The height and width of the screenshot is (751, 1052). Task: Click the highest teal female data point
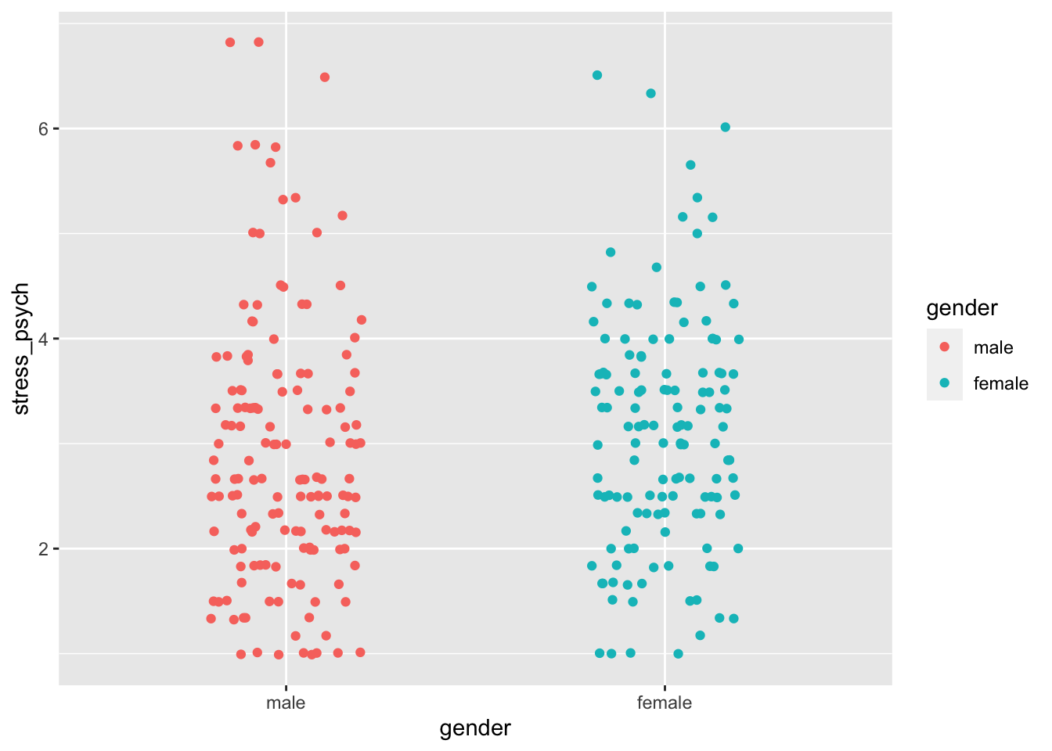coord(597,75)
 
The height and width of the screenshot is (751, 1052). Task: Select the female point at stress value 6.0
coord(726,127)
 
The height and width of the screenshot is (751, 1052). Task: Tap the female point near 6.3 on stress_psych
coord(650,93)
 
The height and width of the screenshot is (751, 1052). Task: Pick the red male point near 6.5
coord(325,77)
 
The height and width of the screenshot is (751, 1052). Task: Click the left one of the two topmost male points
coord(230,42)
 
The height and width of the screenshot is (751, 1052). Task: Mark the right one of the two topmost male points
coord(258,41)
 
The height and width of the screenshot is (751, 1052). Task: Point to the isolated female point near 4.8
coord(611,252)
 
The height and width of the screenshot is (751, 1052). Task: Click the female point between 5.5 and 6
coord(690,164)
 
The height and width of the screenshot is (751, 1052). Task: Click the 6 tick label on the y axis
coord(44,128)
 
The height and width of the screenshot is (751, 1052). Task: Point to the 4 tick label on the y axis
coord(44,339)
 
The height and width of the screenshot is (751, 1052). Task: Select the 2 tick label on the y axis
coord(44,548)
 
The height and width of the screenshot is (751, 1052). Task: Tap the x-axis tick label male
coord(286,702)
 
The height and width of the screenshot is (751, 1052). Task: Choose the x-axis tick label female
coord(665,702)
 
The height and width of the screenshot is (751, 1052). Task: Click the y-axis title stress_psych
coord(22,349)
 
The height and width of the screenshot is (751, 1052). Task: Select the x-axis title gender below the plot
coord(475,729)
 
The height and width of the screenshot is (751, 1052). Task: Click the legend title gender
coord(962,308)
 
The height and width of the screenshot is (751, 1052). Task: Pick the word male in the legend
coord(993,347)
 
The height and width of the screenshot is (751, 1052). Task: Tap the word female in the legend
coord(1000,383)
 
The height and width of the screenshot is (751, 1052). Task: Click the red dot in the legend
coord(945,347)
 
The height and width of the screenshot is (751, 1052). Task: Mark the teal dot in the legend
coord(945,383)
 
